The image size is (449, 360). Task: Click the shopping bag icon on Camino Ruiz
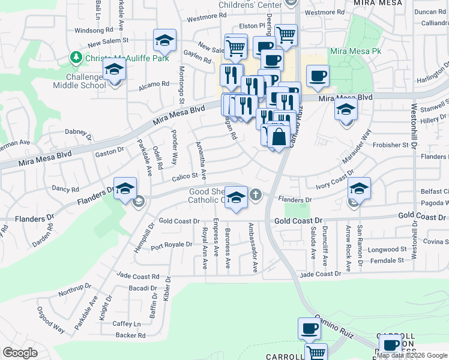click(279, 136)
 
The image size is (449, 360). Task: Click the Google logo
click(20, 352)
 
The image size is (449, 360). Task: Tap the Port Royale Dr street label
click(171, 245)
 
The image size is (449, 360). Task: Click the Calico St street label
click(185, 176)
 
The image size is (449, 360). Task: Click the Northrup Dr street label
click(75, 290)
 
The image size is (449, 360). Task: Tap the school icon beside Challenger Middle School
click(113, 70)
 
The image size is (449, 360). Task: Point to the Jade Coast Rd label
click(139, 277)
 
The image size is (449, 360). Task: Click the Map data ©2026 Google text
click(412, 355)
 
